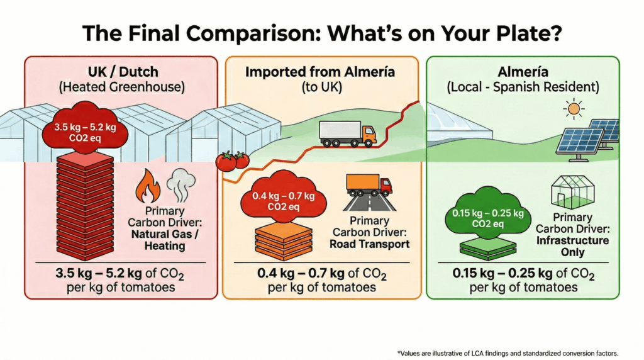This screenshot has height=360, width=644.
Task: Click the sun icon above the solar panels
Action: pyautogui.click(x=574, y=109)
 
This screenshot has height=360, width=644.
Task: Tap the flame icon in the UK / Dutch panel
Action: pyautogui.click(x=148, y=186)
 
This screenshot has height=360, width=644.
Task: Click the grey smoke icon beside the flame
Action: pyautogui.click(x=180, y=184)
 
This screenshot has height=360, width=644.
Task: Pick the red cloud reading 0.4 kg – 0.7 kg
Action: pyautogui.click(x=284, y=196)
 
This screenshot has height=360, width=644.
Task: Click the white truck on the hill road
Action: pyautogui.click(x=347, y=133)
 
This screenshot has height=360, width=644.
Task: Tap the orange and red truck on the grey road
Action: pyautogui.click(x=369, y=185)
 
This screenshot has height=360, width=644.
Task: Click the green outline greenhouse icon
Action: pyautogui.click(x=572, y=191)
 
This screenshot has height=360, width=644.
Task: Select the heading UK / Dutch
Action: pyautogui.click(x=123, y=72)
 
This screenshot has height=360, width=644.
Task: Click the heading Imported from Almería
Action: pyautogui.click(x=320, y=72)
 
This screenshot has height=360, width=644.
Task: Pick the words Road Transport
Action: pyautogui.click(x=370, y=244)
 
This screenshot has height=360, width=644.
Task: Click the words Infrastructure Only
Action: pyautogui.click(x=572, y=246)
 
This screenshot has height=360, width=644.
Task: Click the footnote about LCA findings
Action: pyautogui.click(x=508, y=353)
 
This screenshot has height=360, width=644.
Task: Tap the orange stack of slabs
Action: pyautogui.click(x=284, y=241)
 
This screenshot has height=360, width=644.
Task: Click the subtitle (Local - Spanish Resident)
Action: pyautogui.click(x=523, y=87)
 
